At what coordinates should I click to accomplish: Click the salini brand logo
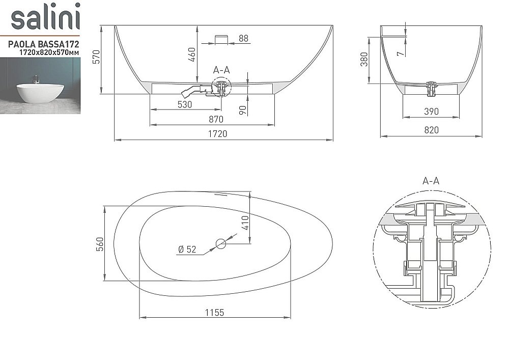tap(45, 16)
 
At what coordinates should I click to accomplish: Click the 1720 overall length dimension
tap(217, 134)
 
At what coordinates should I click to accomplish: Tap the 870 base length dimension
tap(216, 120)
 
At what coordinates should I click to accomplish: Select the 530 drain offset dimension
tap(185, 104)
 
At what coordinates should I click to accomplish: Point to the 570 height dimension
tap(96, 57)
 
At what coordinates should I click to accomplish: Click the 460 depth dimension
tap(192, 54)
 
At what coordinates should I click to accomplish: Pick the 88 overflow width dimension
tap(243, 38)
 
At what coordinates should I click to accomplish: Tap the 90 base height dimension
tap(242, 110)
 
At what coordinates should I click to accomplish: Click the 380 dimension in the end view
tap(364, 60)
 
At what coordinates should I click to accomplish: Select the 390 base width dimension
tap(432, 112)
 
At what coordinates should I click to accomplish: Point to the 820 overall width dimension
tap(432, 130)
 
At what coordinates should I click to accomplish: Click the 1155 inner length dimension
tap(215, 313)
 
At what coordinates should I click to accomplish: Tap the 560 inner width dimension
tap(100, 244)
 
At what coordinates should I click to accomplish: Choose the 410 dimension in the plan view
tap(245, 223)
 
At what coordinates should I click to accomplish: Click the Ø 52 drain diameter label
tap(187, 250)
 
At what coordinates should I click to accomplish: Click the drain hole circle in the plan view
tap(221, 243)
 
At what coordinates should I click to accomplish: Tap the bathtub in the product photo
tap(40, 93)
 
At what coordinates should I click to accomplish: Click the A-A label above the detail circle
tap(431, 180)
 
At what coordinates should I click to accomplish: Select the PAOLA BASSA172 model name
tap(43, 44)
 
